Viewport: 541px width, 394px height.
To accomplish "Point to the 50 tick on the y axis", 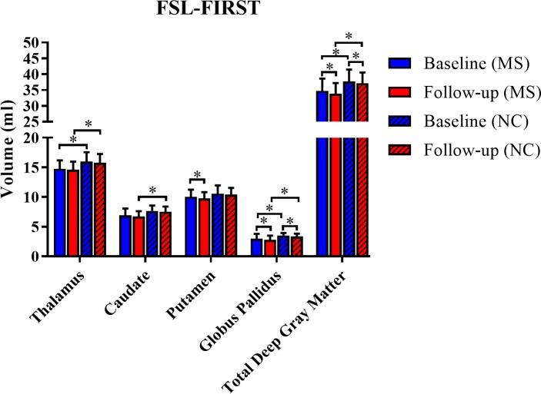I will [x=31, y=43].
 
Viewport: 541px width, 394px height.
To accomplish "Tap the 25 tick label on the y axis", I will [x=31, y=122].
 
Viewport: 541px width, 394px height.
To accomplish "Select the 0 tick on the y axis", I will [x=35, y=256].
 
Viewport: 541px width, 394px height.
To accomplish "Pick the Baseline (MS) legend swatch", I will [x=402, y=63].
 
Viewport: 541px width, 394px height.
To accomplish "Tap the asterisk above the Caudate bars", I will [x=152, y=190].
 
